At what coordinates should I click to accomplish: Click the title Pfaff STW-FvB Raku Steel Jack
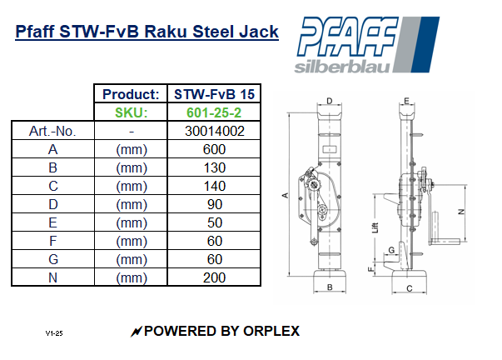[147, 32]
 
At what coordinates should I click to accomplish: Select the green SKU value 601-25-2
[215, 112]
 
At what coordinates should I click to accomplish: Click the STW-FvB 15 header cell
[215, 94]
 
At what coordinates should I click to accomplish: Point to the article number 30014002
[215, 131]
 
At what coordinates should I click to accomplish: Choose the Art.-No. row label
[52, 131]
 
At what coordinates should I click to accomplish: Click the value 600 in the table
[215, 149]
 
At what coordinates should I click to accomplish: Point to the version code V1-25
[54, 333]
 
